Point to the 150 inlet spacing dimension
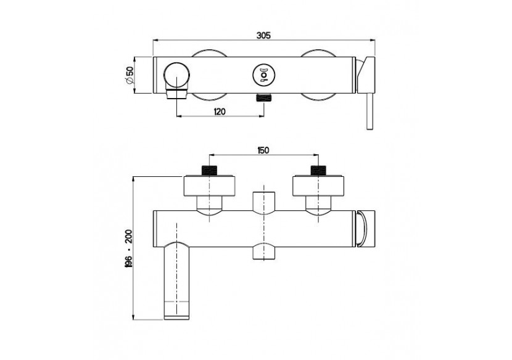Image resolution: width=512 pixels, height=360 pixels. point(263,150)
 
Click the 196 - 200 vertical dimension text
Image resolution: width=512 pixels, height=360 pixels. point(128,248)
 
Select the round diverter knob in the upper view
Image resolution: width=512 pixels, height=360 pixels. point(263,76)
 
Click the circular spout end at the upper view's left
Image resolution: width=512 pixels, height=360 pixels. point(178,75)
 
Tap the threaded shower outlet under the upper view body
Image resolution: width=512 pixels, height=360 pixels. point(264,98)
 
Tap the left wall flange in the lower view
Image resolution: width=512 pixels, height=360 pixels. point(210,186)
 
